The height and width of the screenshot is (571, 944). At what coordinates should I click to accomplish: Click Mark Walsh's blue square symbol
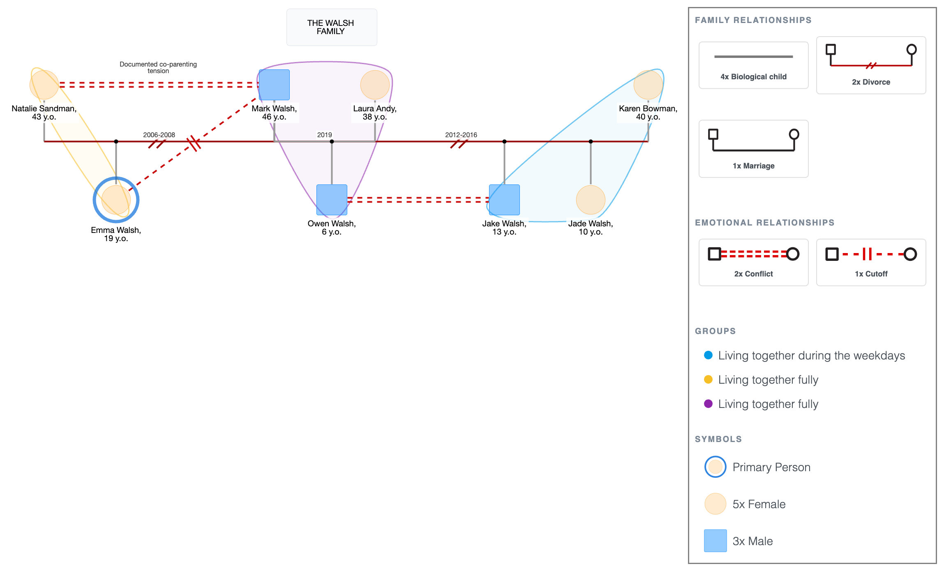click(x=274, y=85)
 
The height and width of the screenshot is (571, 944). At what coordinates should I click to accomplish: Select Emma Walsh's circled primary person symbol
click(x=116, y=200)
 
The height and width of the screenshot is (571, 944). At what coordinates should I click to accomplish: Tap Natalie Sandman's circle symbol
click(x=44, y=85)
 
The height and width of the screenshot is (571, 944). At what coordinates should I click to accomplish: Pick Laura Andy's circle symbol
click(x=375, y=85)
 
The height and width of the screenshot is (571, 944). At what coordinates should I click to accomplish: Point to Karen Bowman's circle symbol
click(x=648, y=85)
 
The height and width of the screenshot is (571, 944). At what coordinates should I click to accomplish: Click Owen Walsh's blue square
click(x=332, y=200)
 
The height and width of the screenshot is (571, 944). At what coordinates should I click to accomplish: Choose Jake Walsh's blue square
click(x=504, y=200)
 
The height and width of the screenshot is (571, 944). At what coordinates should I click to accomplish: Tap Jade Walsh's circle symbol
click(x=591, y=200)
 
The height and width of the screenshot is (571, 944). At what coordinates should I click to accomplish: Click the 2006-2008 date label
click(x=159, y=135)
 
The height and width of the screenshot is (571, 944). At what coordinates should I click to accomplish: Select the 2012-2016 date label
click(x=461, y=135)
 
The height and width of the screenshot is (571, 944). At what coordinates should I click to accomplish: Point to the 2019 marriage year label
click(x=324, y=135)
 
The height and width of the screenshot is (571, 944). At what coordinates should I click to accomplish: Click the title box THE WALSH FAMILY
click(x=332, y=27)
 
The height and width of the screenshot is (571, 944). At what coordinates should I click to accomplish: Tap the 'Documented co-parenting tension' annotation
click(x=158, y=67)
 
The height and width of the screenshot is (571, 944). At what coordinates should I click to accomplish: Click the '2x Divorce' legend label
click(x=871, y=82)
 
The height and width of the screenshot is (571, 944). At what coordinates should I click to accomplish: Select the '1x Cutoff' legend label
click(x=871, y=274)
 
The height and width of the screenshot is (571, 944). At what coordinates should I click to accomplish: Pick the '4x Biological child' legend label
click(x=753, y=77)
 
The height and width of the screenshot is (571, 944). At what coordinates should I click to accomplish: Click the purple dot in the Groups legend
click(x=708, y=403)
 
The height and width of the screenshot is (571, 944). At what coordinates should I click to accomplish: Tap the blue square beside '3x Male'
click(x=715, y=541)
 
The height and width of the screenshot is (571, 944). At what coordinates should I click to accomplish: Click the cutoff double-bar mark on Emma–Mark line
click(x=193, y=143)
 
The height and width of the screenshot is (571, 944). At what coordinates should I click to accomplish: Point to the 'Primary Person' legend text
click(x=771, y=467)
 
